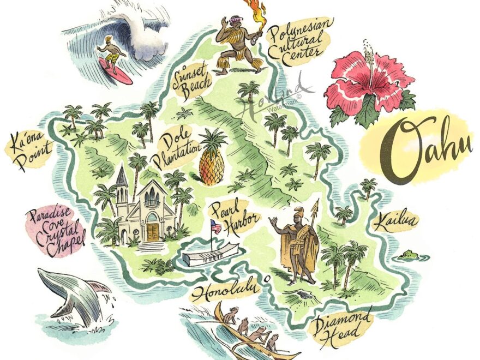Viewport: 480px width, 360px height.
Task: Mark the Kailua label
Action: pyautogui.click(x=395, y=221)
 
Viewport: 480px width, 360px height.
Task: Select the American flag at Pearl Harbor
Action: pyautogui.click(x=216, y=226)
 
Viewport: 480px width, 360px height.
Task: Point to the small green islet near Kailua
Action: pyautogui.click(x=408, y=254)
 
